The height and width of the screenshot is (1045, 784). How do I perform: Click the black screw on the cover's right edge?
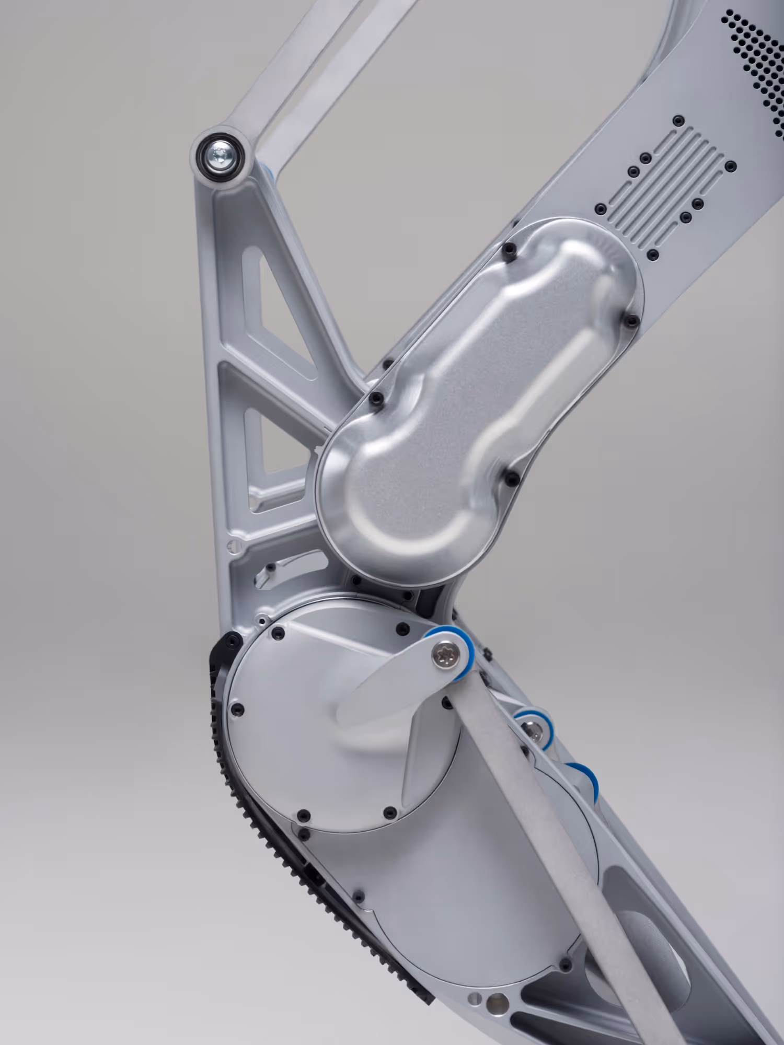633,319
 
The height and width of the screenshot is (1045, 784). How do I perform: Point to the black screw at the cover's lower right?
510,477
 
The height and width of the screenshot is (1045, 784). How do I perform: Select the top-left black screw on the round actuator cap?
277,634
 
